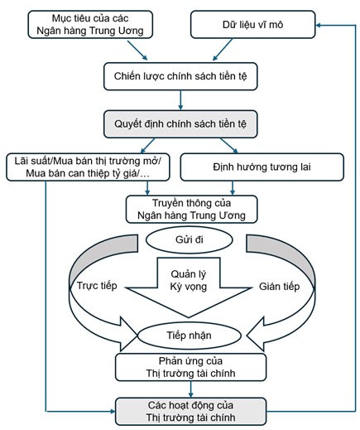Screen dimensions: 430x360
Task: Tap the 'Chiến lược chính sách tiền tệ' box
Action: [x=179, y=76]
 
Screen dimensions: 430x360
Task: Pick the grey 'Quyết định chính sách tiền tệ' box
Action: [x=179, y=124]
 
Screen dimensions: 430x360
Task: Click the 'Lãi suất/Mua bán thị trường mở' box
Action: [x=89, y=167]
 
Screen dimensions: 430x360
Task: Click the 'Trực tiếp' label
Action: [x=98, y=285]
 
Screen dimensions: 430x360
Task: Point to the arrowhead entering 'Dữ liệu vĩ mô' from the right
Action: [x=319, y=26]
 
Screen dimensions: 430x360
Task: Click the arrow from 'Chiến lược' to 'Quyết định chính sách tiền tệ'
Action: [x=179, y=100]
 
